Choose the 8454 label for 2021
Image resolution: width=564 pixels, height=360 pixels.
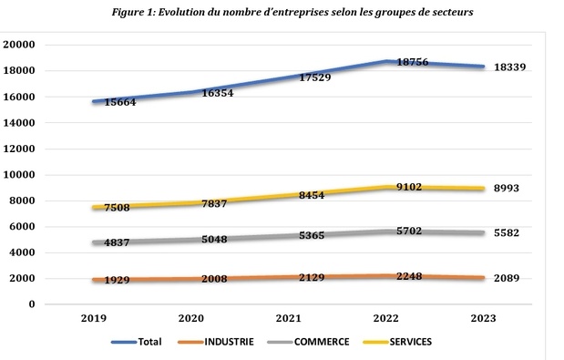[315, 194]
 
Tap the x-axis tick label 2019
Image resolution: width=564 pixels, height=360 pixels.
[96, 320]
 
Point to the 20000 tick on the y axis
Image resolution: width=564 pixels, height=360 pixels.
[20, 45]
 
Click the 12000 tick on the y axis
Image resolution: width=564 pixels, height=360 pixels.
[20, 149]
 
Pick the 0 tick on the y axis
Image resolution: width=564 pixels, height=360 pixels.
[31, 304]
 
